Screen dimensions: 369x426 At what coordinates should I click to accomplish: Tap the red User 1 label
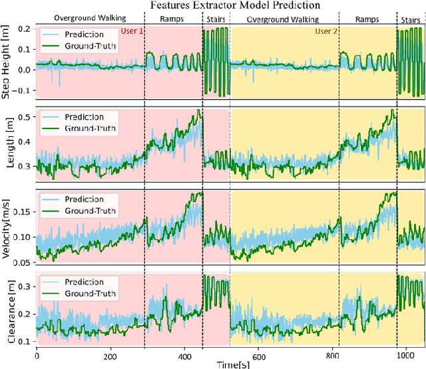click(x=132, y=31)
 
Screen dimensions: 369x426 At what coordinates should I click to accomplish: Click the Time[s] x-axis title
click(x=230, y=363)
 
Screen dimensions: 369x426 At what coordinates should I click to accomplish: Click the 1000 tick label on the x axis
click(x=399, y=356)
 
